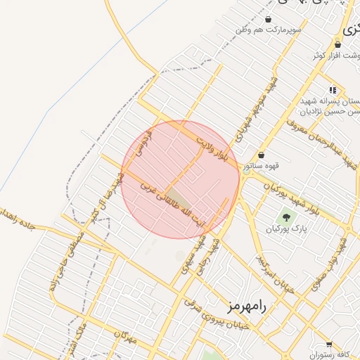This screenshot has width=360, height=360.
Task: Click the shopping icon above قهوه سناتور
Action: pos(262,155)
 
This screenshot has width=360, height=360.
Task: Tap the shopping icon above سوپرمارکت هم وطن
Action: pos(269,19)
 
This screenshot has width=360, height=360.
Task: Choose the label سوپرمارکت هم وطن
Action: pos(269,30)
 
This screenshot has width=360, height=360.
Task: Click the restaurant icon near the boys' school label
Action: pos(333,90)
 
